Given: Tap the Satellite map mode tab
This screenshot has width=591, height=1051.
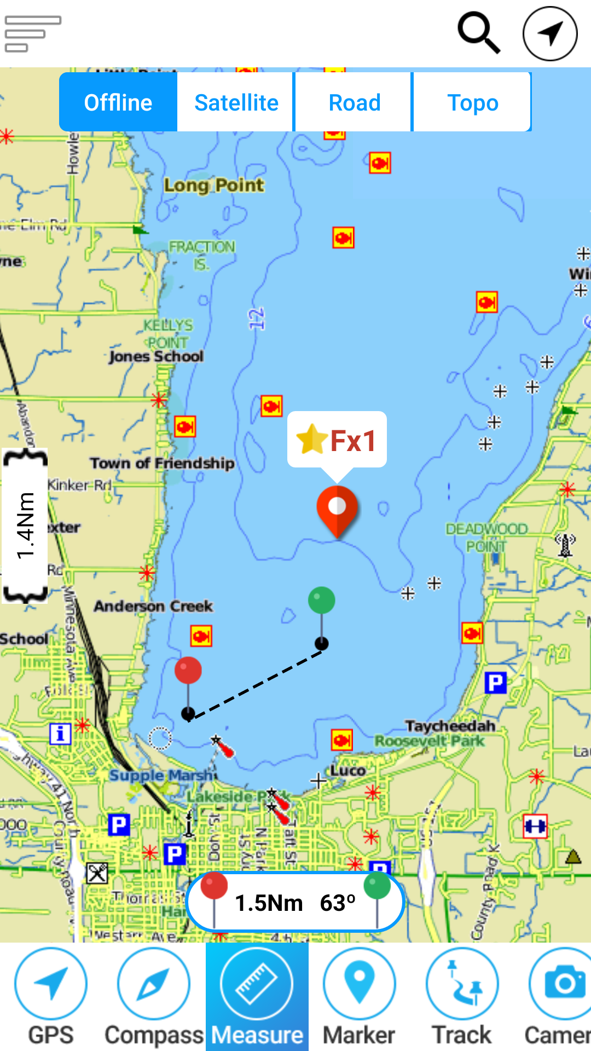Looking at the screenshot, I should click(x=236, y=102).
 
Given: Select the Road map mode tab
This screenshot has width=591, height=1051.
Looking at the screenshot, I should click(x=354, y=102).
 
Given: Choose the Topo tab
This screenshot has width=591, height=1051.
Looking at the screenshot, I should click(x=472, y=102).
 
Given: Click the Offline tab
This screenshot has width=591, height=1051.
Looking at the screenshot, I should click(x=118, y=102).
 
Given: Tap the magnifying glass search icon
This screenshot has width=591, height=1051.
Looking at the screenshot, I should click(x=479, y=33).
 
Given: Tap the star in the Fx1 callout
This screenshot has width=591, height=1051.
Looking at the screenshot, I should click(x=311, y=440).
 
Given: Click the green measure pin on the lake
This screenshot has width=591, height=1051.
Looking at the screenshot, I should click(x=322, y=601).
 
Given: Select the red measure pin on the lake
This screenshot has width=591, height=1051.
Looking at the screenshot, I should click(x=188, y=671).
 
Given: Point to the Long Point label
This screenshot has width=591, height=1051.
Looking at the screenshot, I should click(x=214, y=186).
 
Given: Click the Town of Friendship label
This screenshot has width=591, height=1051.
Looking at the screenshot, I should click(x=162, y=463).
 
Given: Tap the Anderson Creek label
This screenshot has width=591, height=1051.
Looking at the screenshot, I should click(x=153, y=606).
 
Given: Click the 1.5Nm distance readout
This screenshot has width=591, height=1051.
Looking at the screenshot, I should click(x=269, y=903).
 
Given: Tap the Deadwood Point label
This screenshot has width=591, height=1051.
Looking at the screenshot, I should click(x=486, y=537).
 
